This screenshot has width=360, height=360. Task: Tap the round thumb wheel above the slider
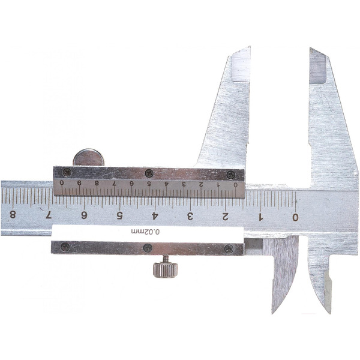(x=89, y=157)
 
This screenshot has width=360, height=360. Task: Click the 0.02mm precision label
(x=145, y=232)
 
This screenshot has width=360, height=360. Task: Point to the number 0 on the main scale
(x=295, y=217)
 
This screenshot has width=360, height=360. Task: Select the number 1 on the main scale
(x=260, y=217)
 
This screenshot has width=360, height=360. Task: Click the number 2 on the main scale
(x=226, y=217)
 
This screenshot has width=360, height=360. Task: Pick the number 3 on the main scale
(x=190, y=216)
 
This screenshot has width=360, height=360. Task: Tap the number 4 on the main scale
(x=155, y=216)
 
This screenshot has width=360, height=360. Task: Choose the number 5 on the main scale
(x=119, y=215)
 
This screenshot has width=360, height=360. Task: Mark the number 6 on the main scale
(x=84, y=215)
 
